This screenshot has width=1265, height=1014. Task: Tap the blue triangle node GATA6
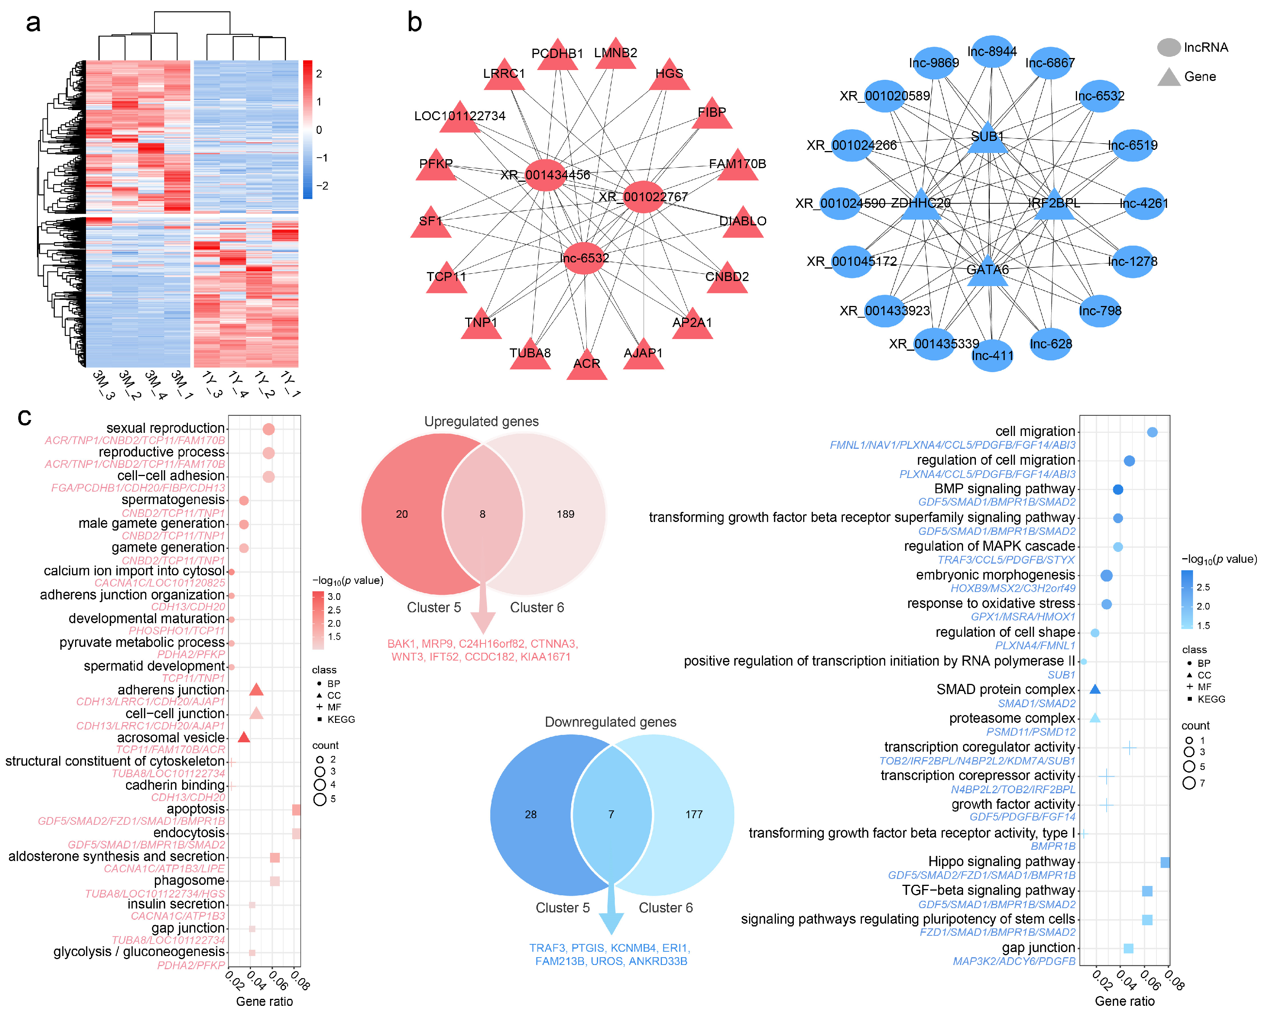(x=988, y=271)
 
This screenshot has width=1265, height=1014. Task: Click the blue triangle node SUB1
(x=988, y=139)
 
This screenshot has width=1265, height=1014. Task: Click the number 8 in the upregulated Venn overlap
(x=482, y=514)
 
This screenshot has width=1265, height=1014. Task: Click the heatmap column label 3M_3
(x=103, y=385)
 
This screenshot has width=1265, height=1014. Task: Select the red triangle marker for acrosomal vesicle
(x=244, y=737)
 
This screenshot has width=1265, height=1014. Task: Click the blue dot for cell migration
(x=1152, y=432)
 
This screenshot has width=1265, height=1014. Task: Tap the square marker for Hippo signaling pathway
(x=1165, y=862)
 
